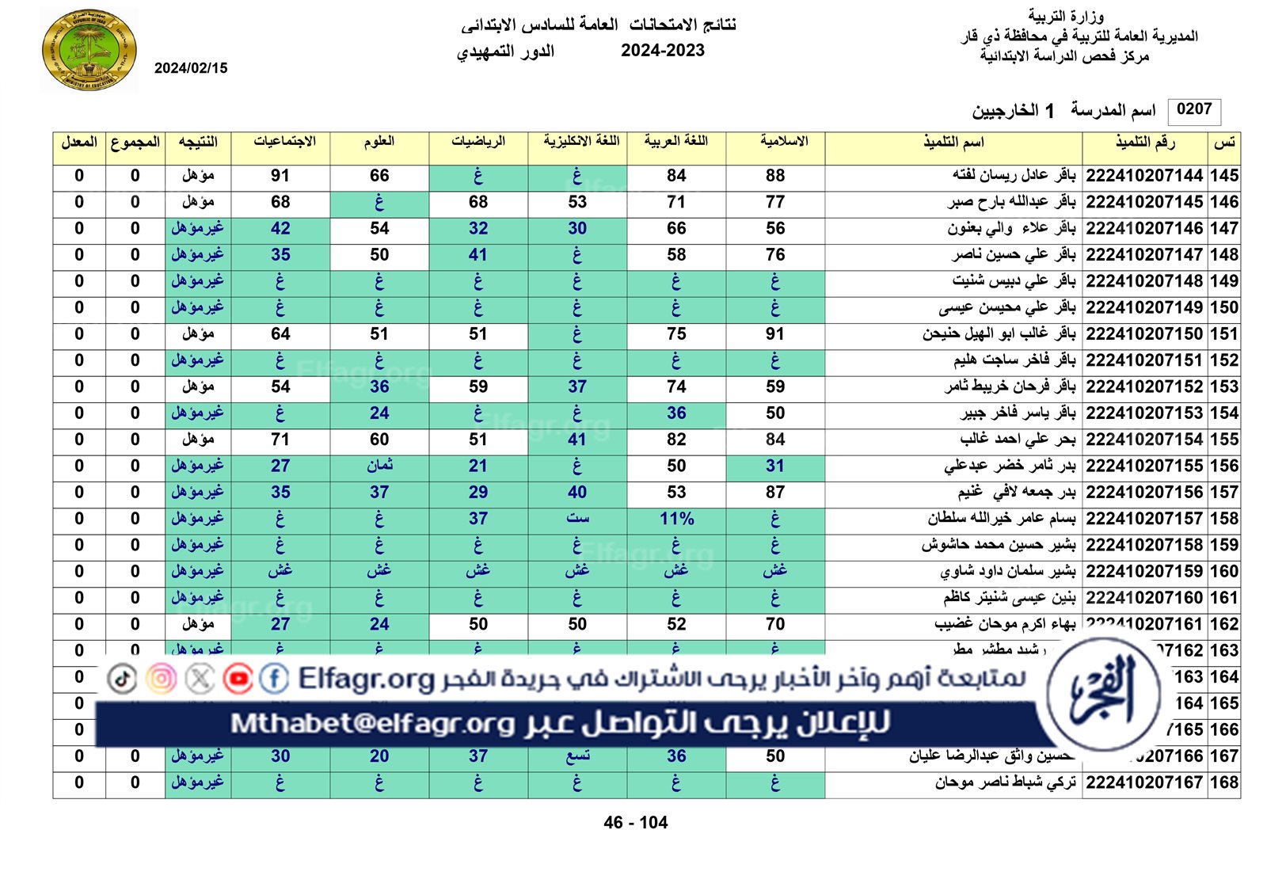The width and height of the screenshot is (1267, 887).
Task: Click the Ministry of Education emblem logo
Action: tap(89, 51)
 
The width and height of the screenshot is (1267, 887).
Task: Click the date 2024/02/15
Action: tap(191, 68)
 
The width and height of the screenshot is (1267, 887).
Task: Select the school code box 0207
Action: tap(1194, 110)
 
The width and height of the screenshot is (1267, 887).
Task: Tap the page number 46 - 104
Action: tap(635, 823)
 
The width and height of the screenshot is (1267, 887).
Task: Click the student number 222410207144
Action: tap(1144, 176)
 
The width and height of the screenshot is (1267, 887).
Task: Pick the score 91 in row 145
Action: tap(280, 176)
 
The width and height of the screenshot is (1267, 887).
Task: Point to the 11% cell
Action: tap(676, 519)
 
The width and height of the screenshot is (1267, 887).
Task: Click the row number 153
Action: tap(1223, 386)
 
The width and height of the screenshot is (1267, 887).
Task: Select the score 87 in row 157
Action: tap(775, 493)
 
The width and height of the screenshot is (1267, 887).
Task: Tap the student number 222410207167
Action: tap(1144, 782)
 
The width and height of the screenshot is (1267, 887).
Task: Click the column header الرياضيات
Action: tap(478, 142)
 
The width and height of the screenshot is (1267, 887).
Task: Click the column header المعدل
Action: tap(79, 143)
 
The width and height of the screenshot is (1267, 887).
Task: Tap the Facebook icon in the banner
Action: tap(274, 679)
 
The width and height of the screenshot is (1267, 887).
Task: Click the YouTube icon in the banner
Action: tap(238, 679)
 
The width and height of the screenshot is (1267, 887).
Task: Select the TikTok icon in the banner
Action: tap(122, 679)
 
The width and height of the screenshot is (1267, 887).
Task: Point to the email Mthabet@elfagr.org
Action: tap(373, 723)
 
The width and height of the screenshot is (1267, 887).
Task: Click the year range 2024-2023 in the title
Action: tap(662, 51)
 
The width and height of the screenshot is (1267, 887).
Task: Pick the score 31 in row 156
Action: tap(775, 466)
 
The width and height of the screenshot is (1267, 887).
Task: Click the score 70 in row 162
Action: tap(775, 624)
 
